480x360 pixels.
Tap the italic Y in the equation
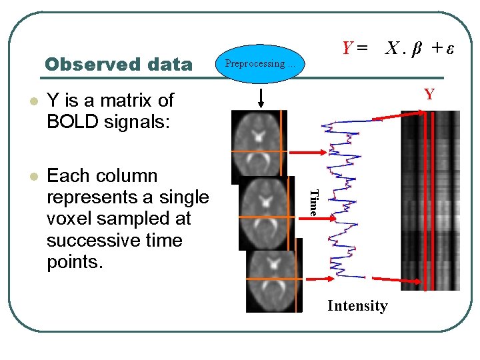click(347, 48)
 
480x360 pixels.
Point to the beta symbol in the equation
click(416, 48)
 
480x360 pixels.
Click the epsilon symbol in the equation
click(450, 48)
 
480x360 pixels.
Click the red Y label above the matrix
click(430, 94)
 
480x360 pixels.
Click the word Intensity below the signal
click(357, 306)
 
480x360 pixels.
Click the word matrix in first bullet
click(119, 101)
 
